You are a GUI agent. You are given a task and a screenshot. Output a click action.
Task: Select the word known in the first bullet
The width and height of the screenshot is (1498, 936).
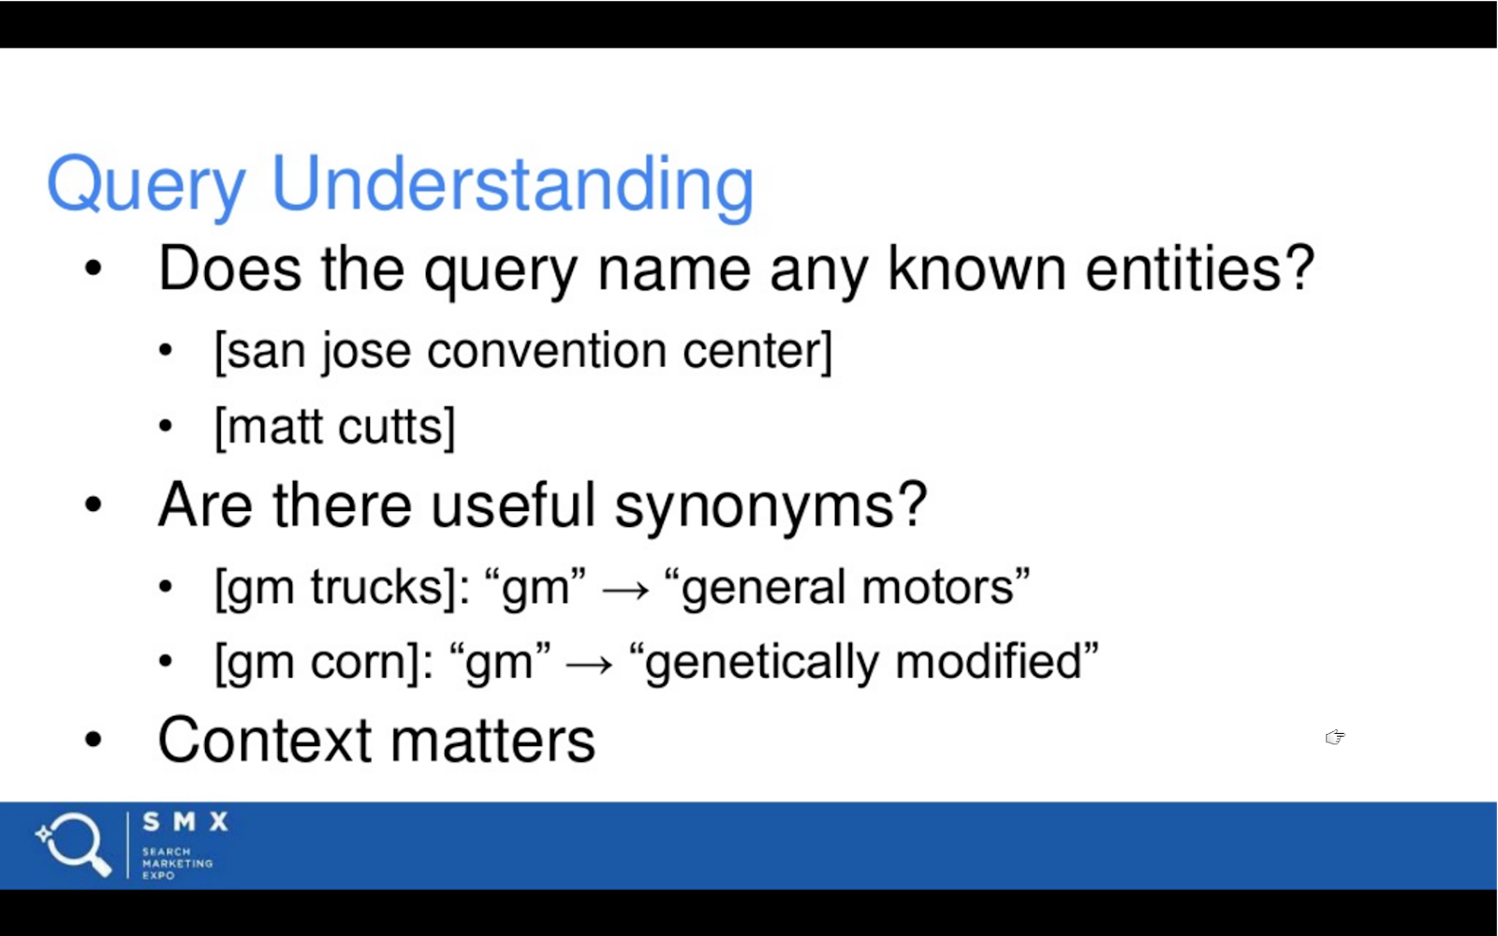977,269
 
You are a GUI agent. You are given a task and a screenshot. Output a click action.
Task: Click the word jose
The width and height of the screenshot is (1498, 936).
366,352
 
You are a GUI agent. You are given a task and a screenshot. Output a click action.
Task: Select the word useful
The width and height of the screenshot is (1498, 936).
513,505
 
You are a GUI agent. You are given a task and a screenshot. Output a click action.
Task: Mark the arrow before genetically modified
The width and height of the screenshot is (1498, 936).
589,665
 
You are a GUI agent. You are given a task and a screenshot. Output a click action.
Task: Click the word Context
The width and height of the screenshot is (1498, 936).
264,739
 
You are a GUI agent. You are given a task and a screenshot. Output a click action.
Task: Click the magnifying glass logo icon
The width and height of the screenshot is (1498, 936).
74,844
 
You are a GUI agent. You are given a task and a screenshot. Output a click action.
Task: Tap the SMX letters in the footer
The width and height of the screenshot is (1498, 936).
185,822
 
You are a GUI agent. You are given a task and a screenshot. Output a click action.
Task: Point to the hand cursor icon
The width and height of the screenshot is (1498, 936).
1335,737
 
